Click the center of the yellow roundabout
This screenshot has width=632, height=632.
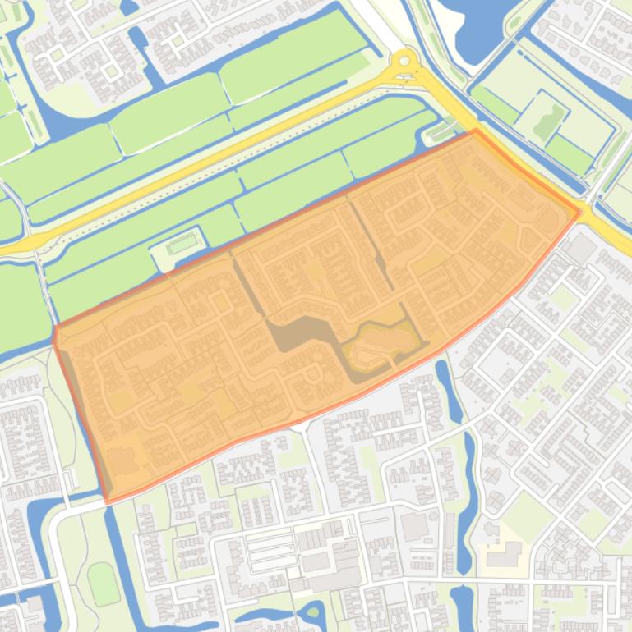click(x=404, y=62)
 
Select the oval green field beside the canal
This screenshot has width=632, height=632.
click(x=102, y=583)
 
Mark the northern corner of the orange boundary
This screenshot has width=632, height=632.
click(x=476, y=131)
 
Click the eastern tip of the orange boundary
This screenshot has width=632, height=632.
click(x=579, y=212)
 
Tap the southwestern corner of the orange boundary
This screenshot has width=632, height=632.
click(x=108, y=501)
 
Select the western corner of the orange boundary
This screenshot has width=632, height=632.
click(x=54, y=329)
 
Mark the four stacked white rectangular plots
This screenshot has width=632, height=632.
click(x=270, y=550)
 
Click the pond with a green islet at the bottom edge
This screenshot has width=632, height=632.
click(x=312, y=612)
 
